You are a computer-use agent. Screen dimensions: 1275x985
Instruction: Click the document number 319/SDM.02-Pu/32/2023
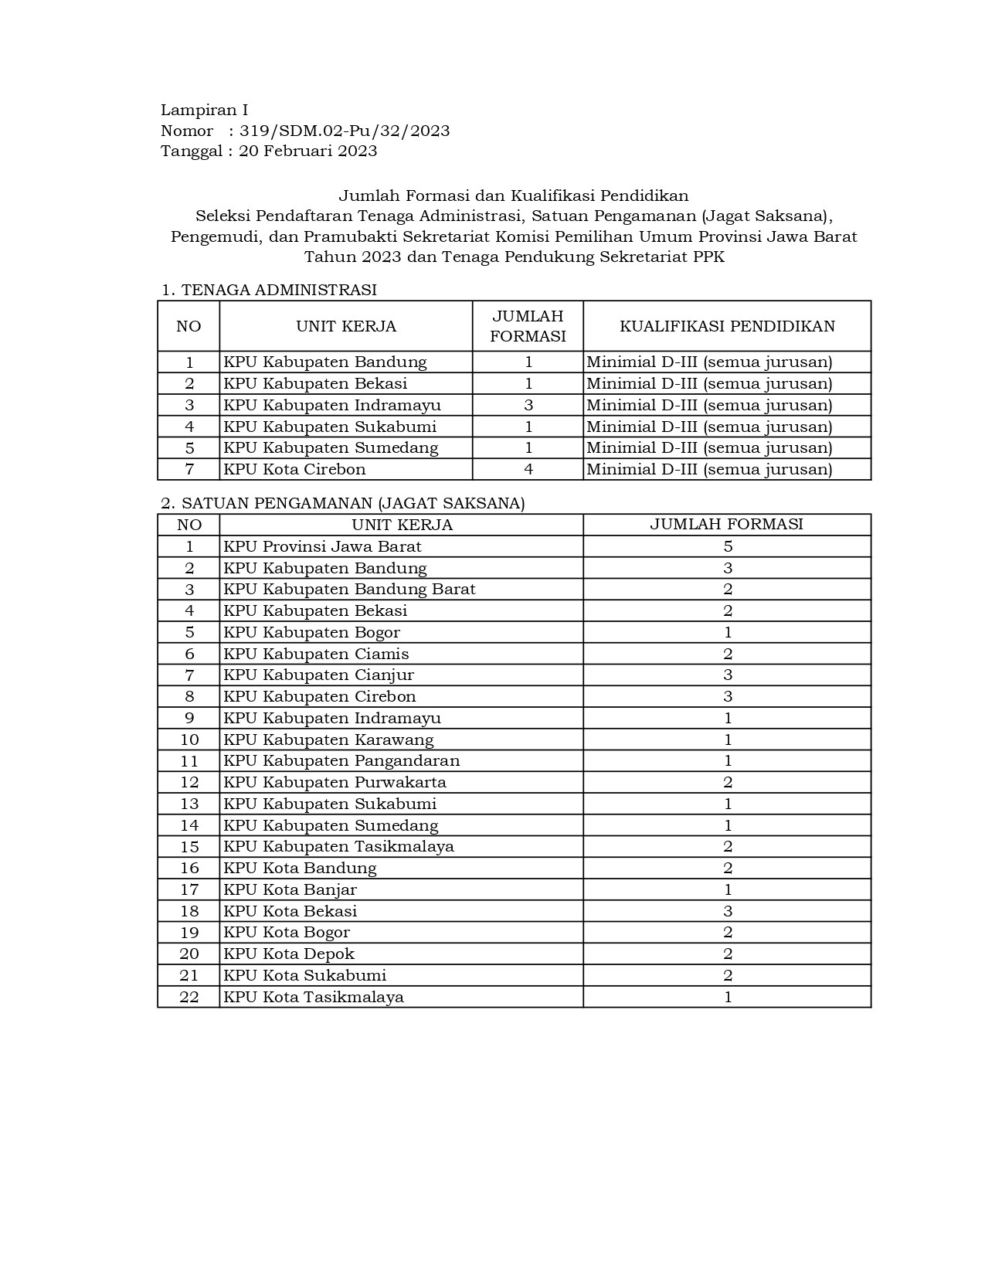coord(345,131)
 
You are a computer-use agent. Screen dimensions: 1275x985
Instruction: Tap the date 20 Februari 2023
coord(307,151)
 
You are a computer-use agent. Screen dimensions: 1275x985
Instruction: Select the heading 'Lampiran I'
coord(204,110)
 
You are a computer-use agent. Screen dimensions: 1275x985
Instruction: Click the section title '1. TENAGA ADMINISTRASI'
coord(269,290)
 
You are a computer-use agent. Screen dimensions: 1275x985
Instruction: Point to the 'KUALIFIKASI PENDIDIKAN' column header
coord(727,326)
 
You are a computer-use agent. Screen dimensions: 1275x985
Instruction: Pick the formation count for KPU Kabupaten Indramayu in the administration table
coord(528,405)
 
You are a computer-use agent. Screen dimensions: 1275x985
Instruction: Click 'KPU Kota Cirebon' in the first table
coord(294,469)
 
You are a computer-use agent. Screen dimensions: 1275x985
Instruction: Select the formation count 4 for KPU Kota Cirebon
coord(528,469)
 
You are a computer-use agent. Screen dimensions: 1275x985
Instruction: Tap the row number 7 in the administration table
coord(189,469)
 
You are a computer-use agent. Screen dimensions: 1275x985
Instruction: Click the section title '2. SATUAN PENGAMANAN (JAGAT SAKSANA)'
coord(343,503)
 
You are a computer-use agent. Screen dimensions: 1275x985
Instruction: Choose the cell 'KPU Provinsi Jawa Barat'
coord(322,546)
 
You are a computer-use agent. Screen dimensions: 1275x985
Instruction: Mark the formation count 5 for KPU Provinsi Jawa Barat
coord(728,546)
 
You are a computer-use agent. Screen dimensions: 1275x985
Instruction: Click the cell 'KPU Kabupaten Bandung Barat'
coord(349,589)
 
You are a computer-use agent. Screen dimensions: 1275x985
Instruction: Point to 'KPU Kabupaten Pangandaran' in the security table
coord(341,760)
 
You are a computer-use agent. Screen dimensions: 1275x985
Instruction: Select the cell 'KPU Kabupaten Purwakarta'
coord(335,782)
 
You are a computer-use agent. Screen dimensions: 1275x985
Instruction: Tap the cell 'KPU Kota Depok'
coord(289,954)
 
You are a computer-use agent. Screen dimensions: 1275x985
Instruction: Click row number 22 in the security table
coord(189,997)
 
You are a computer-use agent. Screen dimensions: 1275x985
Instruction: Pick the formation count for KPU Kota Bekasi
coord(728,911)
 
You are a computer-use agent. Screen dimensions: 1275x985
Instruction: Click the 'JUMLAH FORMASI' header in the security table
coord(726,524)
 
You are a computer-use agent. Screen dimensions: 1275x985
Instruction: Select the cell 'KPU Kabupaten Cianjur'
coord(318,675)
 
